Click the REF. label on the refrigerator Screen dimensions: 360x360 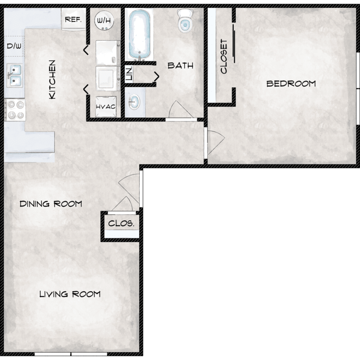click(x=73, y=20)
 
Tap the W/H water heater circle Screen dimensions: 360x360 click(x=104, y=20)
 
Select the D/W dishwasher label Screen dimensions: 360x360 click(x=14, y=46)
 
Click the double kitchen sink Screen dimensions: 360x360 click(x=15, y=75)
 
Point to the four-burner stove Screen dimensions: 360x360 click(x=15, y=110)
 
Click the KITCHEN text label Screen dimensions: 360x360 click(x=52, y=80)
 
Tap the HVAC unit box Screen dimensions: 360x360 click(x=106, y=107)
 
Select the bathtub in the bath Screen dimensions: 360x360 click(x=139, y=35)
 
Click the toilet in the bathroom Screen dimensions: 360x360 click(x=185, y=21)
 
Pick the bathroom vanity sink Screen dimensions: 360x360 click(x=134, y=102)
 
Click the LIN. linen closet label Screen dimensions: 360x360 click(x=129, y=73)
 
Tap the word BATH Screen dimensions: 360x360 click(x=180, y=66)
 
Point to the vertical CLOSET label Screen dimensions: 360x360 click(x=224, y=56)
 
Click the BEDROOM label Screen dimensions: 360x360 click(x=291, y=84)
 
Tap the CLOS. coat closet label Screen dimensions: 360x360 click(x=121, y=223)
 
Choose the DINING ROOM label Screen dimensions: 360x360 click(x=51, y=204)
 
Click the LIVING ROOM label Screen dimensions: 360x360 click(x=70, y=294)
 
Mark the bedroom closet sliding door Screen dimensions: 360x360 click(x=234, y=44)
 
